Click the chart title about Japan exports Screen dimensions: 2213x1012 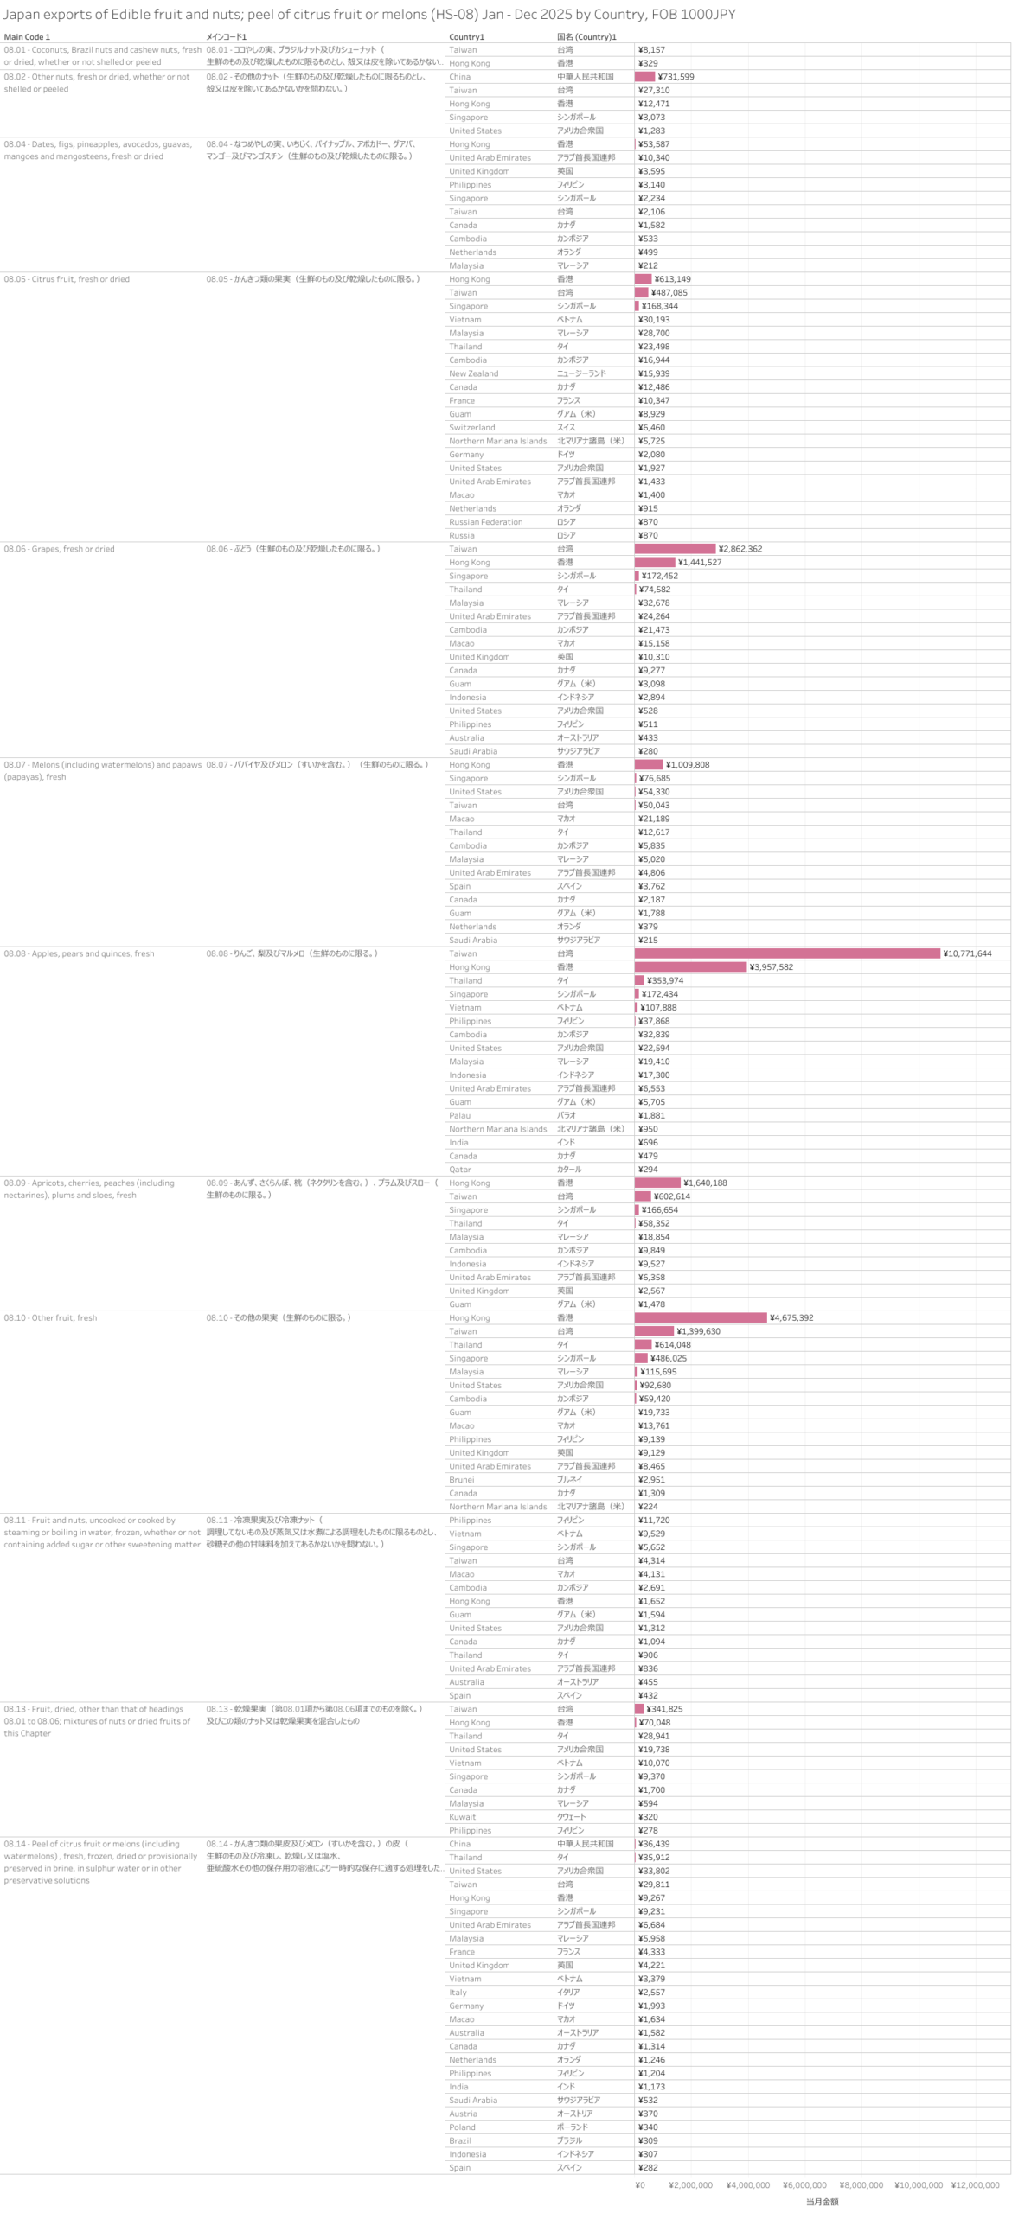(x=368, y=15)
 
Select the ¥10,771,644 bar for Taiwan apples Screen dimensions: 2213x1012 (x=786, y=953)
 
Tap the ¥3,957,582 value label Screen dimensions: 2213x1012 (x=771, y=967)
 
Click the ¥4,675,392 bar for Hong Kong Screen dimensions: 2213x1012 (x=700, y=1317)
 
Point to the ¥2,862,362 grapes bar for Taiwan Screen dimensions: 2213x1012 (x=675, y=549)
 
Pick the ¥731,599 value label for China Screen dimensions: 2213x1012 (x=676, y=77)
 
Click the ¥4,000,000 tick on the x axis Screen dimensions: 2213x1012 (x=747, y=2184)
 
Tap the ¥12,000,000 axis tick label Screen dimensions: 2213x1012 (x=975, y=2184)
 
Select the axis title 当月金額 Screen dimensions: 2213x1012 (x=822, y=2201)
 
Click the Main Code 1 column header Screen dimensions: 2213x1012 (x=27, y=37)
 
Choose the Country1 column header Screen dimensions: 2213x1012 (x=466, y=37)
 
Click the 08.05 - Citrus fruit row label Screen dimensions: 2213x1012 (x=67, y=279)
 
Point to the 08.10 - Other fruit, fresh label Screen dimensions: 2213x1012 (x=50, y=1317)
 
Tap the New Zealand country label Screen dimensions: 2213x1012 (x=473, y=373)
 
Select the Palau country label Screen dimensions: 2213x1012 (x=459, y=1115)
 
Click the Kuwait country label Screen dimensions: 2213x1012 (x=462, y=1816)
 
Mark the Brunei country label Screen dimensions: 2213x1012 (x=461, y=1479)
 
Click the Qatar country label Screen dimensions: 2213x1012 (x=459, y=1169)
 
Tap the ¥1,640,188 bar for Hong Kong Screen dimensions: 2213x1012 (x=657, y=1183)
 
